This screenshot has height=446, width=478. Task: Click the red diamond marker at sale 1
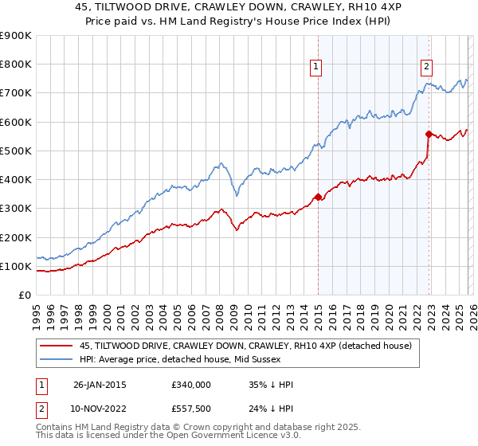tap(318, 197)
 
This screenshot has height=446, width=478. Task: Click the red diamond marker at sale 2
tap(429, 134)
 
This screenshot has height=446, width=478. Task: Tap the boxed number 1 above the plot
tap(317, 67)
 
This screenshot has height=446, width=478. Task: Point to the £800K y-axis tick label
tap(16, 65)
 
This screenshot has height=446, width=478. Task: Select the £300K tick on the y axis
tap(16, 209)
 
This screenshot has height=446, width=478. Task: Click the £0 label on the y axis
tap(24, 295)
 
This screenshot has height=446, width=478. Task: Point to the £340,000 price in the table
tap(191, 384)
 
